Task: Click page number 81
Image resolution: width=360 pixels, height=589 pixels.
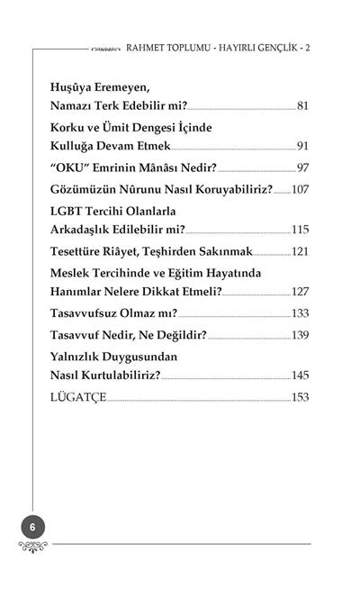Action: point(302,107)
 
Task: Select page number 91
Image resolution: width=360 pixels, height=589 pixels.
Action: point(302,145)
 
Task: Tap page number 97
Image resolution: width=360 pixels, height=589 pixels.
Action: point(302,168)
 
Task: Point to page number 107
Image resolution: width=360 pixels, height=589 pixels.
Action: point(299,190)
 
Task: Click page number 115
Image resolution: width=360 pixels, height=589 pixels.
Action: point(299,229)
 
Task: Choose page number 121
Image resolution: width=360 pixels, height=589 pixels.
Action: point(299,251)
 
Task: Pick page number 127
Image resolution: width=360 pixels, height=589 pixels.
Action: point(299,292)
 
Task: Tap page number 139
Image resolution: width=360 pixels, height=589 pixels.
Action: point(299,336)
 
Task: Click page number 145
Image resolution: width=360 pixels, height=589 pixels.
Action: point(299,375)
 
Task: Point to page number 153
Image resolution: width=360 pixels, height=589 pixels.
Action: point(299,397)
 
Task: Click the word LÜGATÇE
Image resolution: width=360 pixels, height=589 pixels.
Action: point(78,397)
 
